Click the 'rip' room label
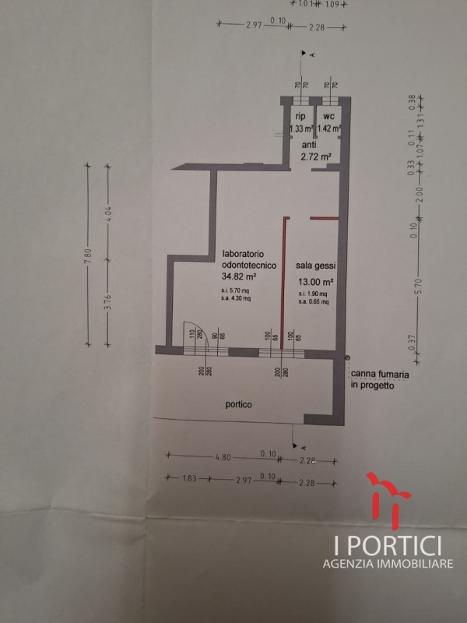(x=299, y=116)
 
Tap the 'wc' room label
(x=329, y=116)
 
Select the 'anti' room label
(x=310, y=144)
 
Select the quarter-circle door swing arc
(x=191, y=333)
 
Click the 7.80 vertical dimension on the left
(x=89, y=254)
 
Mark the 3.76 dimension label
(x=111, y=300)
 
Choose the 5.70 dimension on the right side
(x=417, y=285)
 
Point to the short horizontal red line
(x=323, y=218)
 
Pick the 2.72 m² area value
(x=315, y=157)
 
